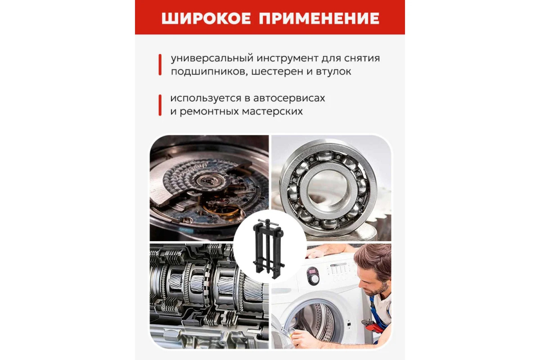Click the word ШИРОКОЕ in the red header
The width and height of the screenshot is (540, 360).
(x=206, y=18)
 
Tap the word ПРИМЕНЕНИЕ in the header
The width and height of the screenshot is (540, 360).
(x=319, y=18)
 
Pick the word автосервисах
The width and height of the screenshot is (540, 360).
(x=289, y=98)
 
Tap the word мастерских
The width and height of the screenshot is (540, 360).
(x=273, y=112)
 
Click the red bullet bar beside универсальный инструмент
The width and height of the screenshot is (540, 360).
(x=160, y=65)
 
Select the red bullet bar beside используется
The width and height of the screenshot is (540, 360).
(x=160, y=105)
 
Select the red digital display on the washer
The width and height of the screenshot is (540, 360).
(x=312, y=271)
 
